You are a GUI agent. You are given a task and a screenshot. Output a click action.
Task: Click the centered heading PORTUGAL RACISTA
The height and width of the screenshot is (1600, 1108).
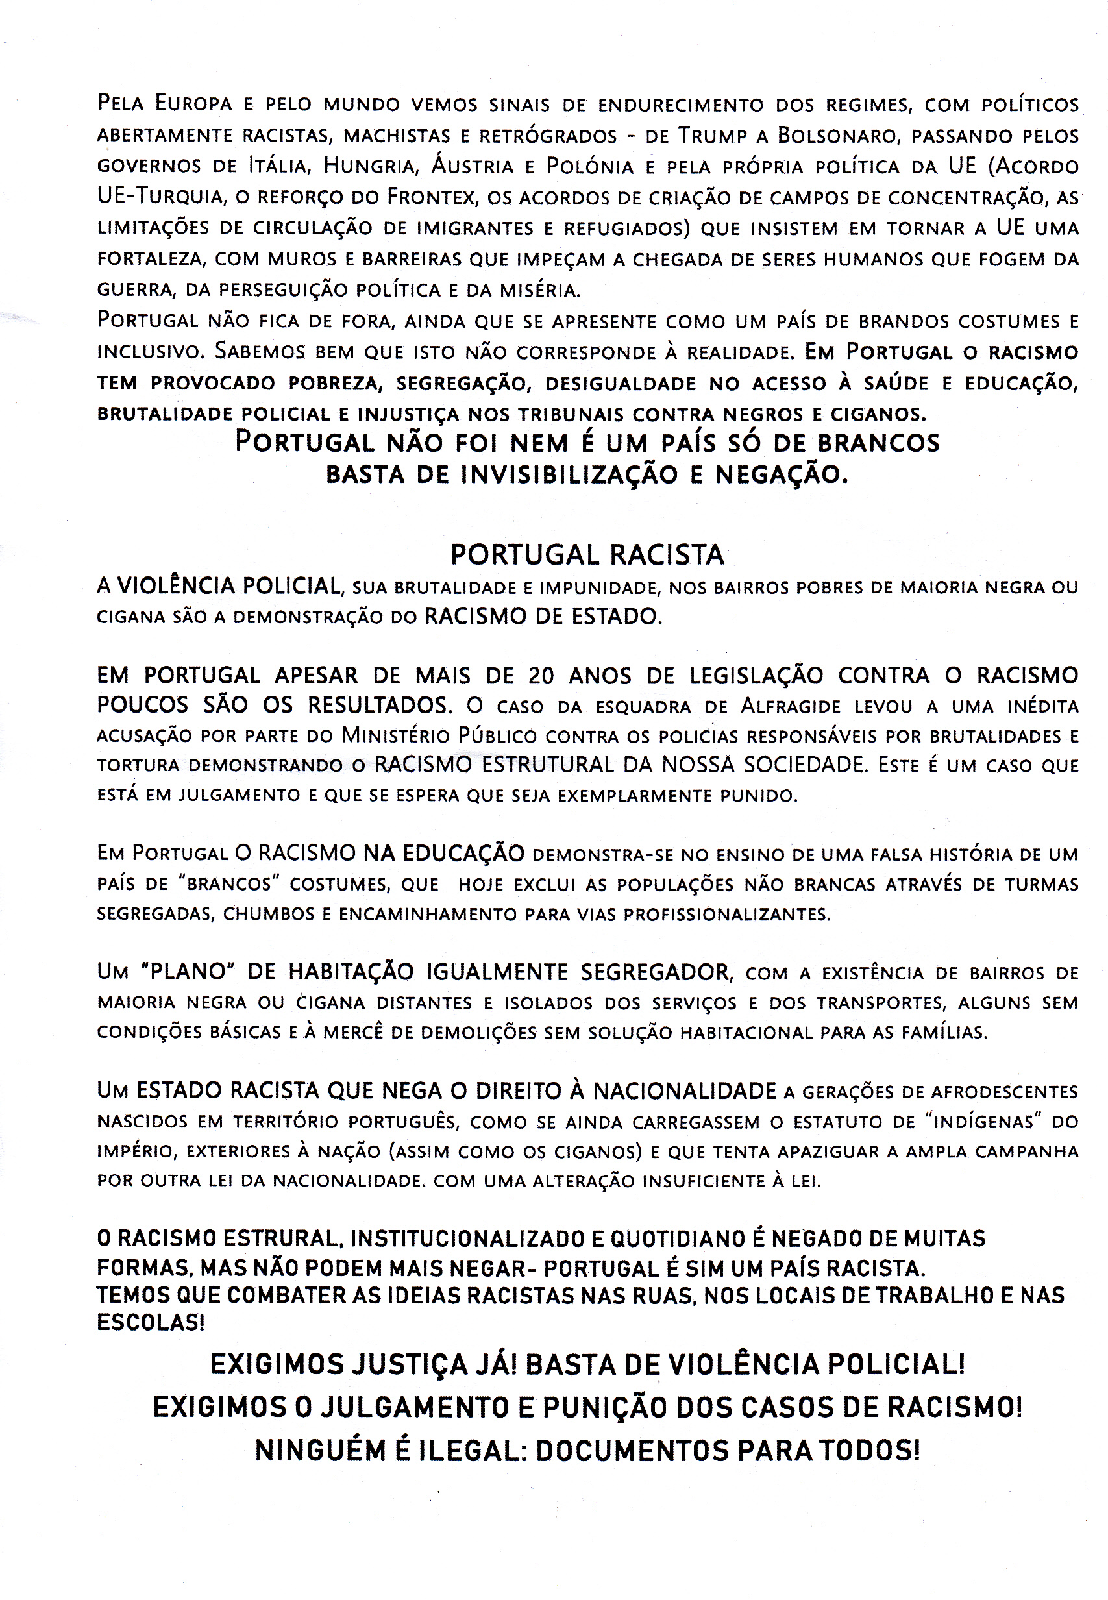coord(587,554)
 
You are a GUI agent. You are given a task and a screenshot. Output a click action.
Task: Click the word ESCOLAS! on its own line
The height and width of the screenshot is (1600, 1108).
coord(151,1322)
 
